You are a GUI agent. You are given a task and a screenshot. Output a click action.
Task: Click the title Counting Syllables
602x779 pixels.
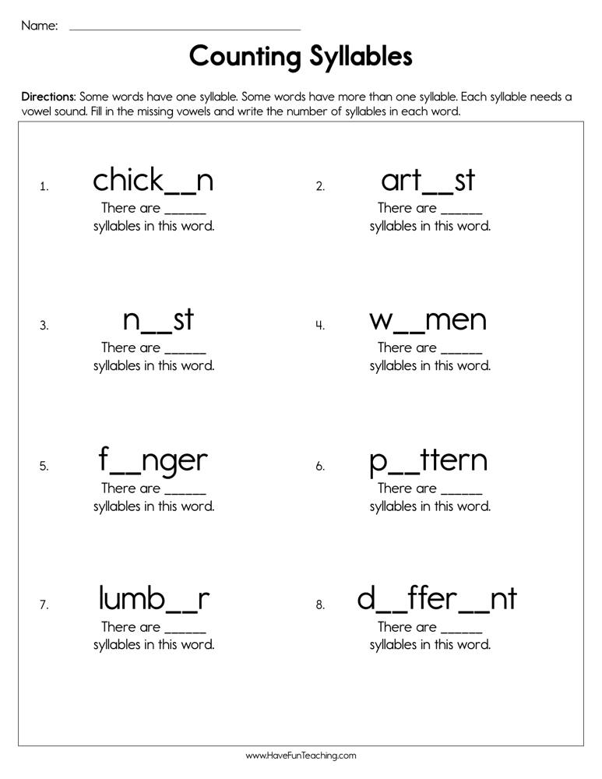301,57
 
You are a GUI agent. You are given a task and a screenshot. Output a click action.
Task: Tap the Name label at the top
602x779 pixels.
39,26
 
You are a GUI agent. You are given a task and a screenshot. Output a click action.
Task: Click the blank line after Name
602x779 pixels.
185,29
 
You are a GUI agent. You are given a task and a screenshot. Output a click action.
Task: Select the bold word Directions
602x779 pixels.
48,97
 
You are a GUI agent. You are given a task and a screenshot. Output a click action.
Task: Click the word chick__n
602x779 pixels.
153,181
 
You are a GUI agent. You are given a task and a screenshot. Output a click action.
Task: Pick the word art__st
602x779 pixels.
428,181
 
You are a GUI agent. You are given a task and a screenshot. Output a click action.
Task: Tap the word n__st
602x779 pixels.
158,320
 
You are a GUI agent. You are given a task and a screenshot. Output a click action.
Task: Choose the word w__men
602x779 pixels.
428,320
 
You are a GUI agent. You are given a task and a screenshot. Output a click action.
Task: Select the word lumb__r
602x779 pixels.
154,599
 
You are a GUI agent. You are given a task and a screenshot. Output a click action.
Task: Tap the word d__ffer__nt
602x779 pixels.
437,599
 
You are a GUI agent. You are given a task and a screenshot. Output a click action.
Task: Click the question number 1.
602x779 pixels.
44,186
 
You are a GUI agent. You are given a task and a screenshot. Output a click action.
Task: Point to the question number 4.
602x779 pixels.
320,326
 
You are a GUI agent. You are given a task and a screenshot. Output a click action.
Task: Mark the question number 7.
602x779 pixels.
44,605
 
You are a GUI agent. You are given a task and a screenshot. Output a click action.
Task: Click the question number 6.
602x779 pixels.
320,467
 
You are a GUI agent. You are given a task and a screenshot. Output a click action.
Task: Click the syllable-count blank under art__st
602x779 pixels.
462,211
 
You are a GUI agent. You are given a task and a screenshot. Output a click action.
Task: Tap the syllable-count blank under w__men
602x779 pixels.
462,351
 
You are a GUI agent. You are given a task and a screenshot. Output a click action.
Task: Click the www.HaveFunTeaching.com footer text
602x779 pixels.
301,756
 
